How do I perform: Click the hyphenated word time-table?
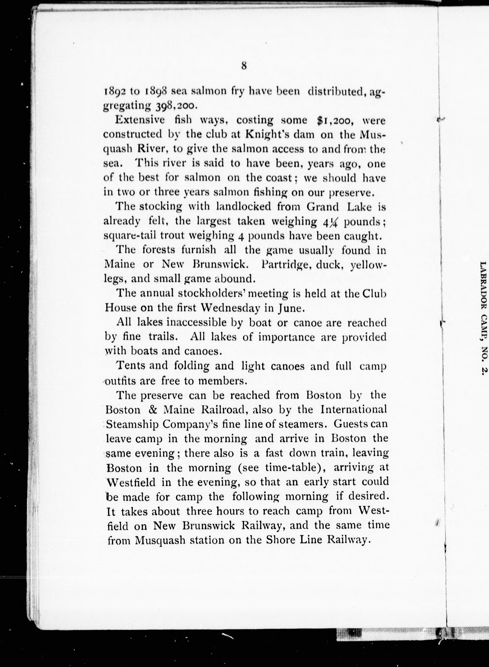point(295,467)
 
